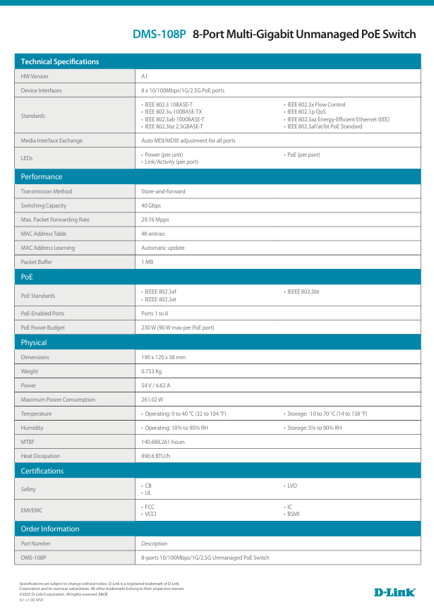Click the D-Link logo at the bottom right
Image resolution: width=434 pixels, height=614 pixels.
coord(394,592)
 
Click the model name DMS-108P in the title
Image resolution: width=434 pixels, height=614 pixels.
coord(159,34)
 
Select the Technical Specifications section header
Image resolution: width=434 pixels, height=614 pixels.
coord(60,61)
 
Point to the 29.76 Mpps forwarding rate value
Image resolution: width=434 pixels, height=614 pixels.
coord(155,219)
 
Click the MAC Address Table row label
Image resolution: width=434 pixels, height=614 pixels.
coord(44,234)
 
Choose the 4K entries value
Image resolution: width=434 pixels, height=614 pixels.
coord(153,234)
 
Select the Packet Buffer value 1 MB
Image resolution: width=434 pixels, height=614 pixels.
coord(147,262)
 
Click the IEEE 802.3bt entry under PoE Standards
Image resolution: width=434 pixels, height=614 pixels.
coord(303,291)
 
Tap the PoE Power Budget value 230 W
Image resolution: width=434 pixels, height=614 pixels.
coord(177,327)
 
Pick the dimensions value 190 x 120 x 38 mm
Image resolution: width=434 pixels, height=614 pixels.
coord(163,357)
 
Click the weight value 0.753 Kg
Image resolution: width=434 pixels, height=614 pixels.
coord(152,371)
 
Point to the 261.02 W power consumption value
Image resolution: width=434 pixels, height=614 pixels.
coord(152,399)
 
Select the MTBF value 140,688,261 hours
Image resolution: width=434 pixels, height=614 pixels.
coord(163,442)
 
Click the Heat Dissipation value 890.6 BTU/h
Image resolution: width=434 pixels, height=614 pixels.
coord(156,456)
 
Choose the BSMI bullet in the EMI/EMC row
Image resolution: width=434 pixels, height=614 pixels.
coord(294,514)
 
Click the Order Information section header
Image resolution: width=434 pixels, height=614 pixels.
coord(50,529)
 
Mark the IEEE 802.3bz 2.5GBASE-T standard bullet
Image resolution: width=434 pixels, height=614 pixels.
coord(174,126)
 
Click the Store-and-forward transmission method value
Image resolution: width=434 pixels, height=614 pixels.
coord(163,191)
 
